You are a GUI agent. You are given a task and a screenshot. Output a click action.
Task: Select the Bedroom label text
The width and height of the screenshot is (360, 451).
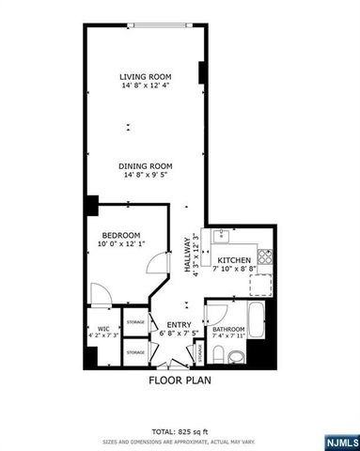click(121, 234)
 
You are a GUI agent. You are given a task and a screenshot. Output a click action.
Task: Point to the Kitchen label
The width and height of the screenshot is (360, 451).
click(234, 259)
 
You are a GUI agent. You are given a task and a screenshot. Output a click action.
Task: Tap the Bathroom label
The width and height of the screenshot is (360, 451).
click(228, 329)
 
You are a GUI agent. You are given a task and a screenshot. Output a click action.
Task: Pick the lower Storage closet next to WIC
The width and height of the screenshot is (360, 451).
click(136, 352)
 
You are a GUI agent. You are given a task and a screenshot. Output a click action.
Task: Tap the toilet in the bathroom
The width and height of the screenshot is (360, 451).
click(218, 354)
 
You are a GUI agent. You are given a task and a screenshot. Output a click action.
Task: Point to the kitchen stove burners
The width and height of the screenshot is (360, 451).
click(264, 257)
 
